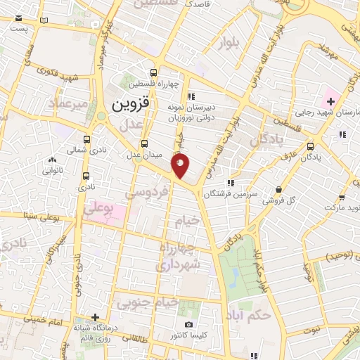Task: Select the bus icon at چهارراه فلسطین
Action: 153,72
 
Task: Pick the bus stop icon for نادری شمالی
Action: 86,140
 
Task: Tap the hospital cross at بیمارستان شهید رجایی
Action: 331,103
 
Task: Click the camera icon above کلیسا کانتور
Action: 188,324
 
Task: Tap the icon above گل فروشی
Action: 280,189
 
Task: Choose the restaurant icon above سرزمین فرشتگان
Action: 231,184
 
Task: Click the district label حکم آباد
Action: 253,311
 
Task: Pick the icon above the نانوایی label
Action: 53,160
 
